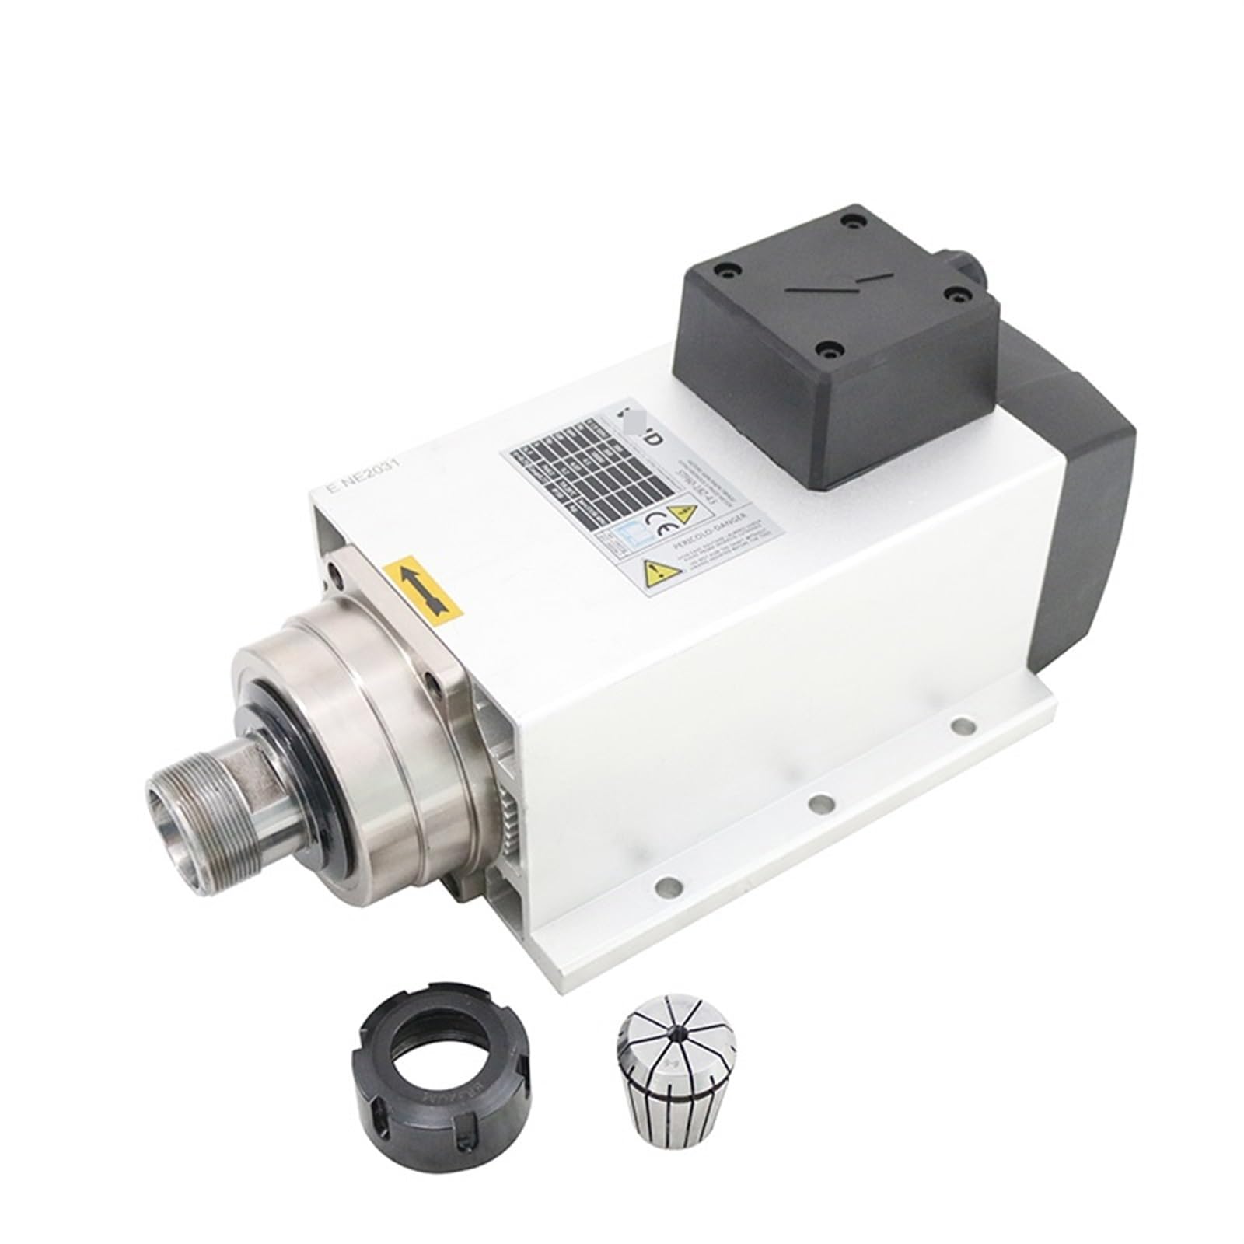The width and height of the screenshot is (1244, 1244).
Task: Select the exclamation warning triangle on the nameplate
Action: point(660,571)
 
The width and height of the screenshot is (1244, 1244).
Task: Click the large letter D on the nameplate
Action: point(655,439)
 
